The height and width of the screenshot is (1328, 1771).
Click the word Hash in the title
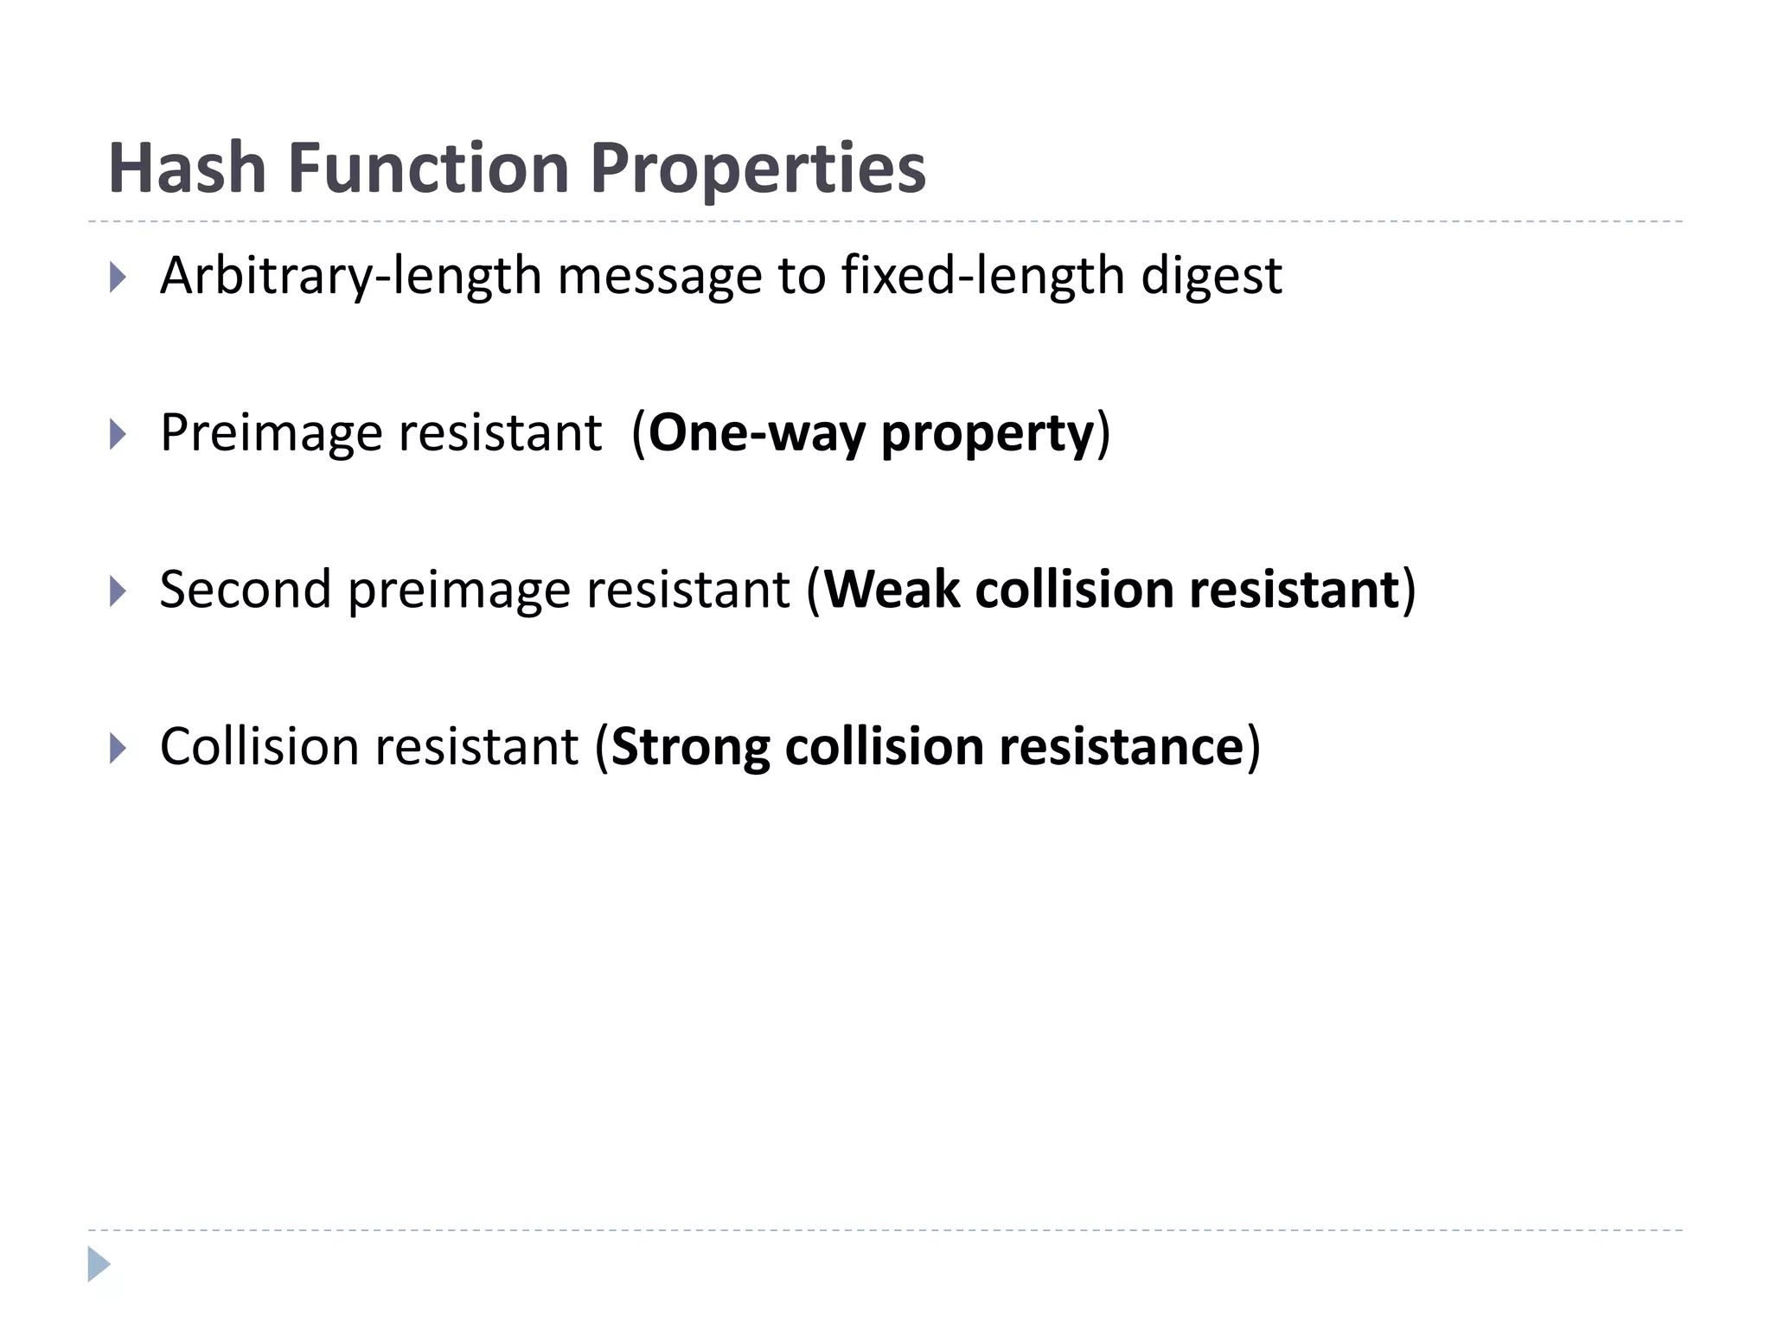point(187,168)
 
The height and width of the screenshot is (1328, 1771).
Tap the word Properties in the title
point(758,169)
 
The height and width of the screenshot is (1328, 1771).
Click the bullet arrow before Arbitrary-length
point(118,278)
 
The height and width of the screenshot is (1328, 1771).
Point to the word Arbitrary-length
point(350,278)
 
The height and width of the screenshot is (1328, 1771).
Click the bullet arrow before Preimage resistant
point(118,434)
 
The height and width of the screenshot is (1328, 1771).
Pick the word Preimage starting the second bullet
point(271,434)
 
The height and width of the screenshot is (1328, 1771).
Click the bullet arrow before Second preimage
point(118,591)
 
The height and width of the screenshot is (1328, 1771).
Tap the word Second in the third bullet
point(246,591)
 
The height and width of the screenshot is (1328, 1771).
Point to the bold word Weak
point(892,591)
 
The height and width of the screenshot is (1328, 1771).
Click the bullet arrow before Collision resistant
point(118,748)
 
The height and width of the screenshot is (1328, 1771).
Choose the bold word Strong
point(689,749)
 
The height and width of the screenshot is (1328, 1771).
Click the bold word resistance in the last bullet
point(1121,748)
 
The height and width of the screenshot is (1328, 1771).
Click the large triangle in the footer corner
point(99,1264)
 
